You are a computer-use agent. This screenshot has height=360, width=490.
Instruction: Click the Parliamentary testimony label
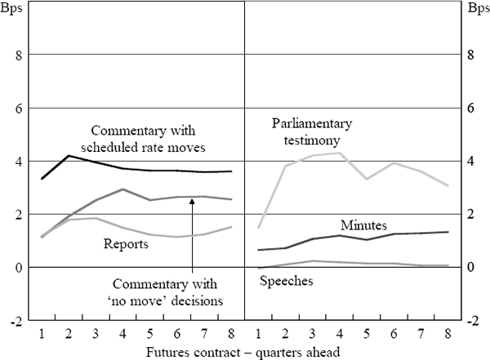click(311, 131)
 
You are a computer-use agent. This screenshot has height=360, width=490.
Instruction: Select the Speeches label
click(287, 281)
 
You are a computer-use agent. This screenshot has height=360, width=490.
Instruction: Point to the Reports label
click(125, 242)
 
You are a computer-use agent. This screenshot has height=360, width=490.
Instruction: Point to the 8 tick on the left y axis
click(16, 55)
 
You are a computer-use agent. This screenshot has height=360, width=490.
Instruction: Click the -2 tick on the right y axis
click(473, 320)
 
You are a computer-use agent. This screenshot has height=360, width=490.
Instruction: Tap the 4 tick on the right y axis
click(471, 161)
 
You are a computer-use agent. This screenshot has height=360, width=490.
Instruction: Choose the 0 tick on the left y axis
click(16, 267)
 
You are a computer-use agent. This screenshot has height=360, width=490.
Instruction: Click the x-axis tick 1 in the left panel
click(41, 334)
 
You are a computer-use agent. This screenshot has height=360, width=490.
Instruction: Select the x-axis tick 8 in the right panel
click(448, 334)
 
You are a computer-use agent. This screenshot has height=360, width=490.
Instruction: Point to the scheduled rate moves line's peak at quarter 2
click(69, 155)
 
